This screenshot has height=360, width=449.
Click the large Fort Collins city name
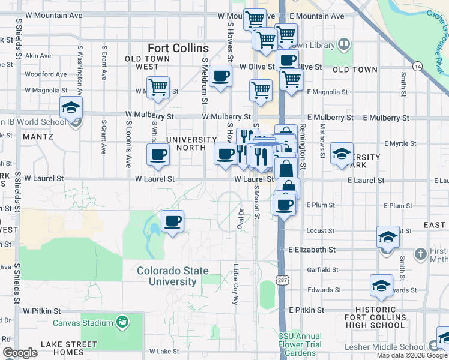pos(179,48)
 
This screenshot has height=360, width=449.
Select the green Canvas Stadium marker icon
pos(122,323)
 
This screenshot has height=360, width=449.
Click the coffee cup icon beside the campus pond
pos(172,221)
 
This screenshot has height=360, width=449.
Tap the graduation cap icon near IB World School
pos(71,108)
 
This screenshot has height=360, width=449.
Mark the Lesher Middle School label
pos(385,347)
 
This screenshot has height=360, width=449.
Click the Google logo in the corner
pos(20,353)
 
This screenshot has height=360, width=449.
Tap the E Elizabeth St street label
pos(311,249)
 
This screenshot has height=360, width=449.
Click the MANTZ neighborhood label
pos(38,137)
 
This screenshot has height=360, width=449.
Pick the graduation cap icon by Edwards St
pos(381,287)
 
